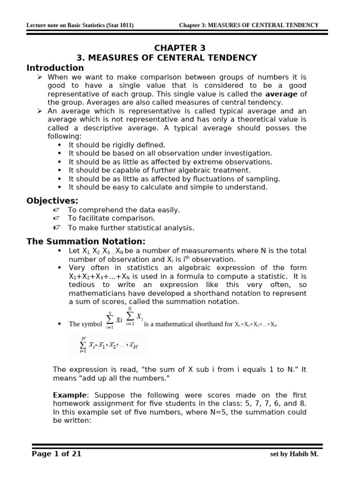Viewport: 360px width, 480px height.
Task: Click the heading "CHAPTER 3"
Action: (x=180, y=48)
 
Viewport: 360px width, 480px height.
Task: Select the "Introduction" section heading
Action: (x=55, y=67)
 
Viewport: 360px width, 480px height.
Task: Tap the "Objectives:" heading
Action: (x=52, y=201)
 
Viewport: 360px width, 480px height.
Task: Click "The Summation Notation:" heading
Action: (x=86, y=241)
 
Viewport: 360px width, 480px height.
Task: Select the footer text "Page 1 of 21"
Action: (x=57, y=453)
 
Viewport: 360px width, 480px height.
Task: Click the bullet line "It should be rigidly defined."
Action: (x=117, y=145)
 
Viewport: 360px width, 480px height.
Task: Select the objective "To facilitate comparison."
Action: (x=111, y=218)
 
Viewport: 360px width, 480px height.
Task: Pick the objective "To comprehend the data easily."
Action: (x=124, y=210)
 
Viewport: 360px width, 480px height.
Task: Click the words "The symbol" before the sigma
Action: (x=85, y=324)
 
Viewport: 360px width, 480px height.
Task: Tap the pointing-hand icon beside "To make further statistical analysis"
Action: (x=57, y=227)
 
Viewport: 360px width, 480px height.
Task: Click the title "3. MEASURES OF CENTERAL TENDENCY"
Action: (x=167, y=58)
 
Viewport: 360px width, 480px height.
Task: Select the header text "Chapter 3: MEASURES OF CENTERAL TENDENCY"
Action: (x=248, y=25)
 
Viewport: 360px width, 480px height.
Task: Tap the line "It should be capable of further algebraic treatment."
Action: (x=159, y=170)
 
